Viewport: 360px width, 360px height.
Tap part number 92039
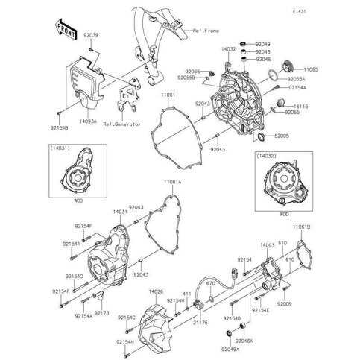click(90, 35)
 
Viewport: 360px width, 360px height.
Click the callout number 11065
click(309, 69)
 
